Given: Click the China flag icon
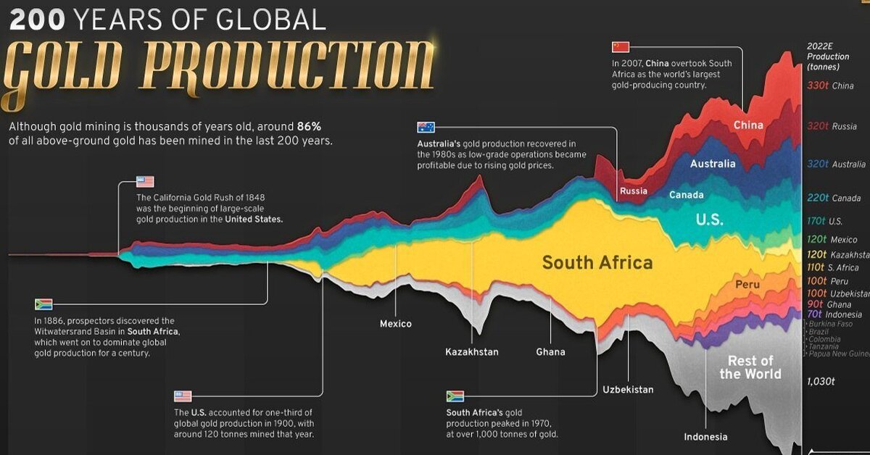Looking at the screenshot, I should [621, 47].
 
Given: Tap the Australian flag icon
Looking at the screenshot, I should [426, 128].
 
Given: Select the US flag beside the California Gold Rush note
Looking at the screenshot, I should [145, 182].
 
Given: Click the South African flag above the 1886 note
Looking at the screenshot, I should [43, 304].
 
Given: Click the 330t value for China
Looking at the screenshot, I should [818, 85].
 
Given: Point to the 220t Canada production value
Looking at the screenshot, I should [818, 198].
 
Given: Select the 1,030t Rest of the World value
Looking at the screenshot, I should [821, 380].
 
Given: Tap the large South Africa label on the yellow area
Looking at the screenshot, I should [597, 262].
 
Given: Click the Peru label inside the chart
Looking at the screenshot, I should [747, 285].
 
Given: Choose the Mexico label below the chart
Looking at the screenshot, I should [396, 324].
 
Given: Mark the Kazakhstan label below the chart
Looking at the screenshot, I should [472, 352].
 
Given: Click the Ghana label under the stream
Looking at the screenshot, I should [550, 352].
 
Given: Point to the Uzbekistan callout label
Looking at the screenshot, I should [628, 390].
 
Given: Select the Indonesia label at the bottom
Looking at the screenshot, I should [705, 437].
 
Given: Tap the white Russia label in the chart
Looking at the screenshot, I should [633, 191].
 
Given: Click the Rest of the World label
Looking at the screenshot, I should [750, 367].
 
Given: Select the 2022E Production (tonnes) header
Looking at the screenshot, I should [827, 57].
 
